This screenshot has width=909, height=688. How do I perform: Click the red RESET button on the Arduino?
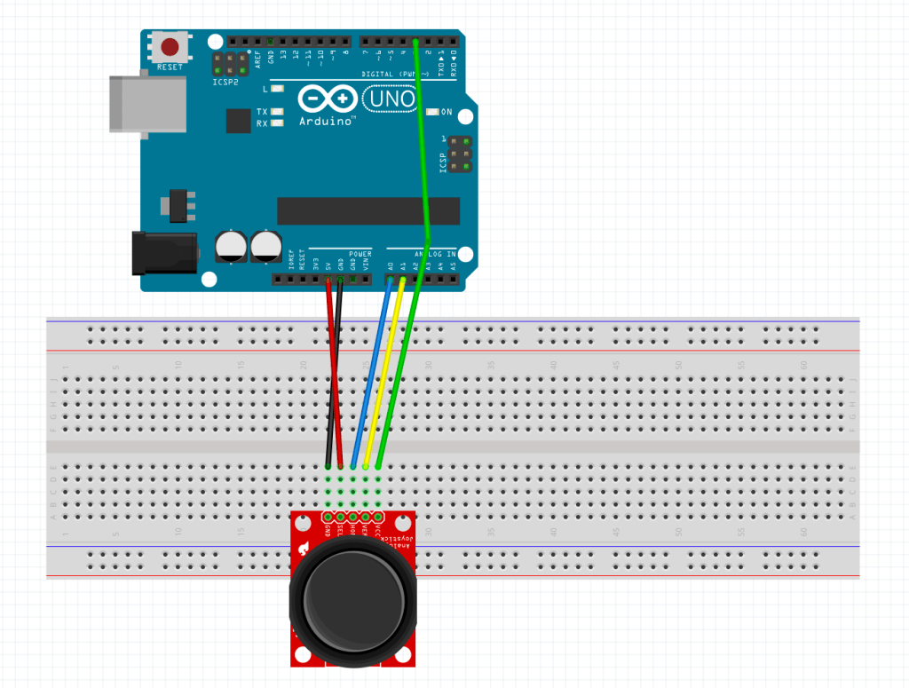pyautogui.click(x=169, y=46)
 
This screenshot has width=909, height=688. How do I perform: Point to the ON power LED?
pyautogui.click(x=432, y=113)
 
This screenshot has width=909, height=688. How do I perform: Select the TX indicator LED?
pyautogui.click(x=278, y=112)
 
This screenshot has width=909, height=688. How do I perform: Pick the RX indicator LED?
pyautogui.click(x=278, y=123)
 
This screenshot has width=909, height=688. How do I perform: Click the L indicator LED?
pyautogui.click(x=278, y=89)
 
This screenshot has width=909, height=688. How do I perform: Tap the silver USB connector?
pyautogui.click(x=146, y=104)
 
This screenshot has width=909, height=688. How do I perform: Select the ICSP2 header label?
pyautogui.click(x=225, y=81)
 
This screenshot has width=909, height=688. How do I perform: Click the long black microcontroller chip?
pyautogui.click(x=368, y=210)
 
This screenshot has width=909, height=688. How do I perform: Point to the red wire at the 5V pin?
pyautogui.click(x=328, y=281)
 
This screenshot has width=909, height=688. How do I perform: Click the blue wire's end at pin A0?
pyautogui.click(x=390, y=281)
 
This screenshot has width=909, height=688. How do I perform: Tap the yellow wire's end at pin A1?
pyautogui.click(x=402, y=281)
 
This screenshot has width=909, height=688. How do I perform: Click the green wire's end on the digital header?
pyautogui.click(x=415, y=42)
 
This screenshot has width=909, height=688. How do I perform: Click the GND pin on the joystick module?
pyautogui.click(x=328, y=517)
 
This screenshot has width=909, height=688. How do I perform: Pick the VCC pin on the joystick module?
pyautogui.click(x=378, y=517)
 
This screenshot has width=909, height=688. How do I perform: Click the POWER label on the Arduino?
pyautogui.click(x=360, y=254)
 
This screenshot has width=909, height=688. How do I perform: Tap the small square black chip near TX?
pyautogui.click(x=238, y=121)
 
